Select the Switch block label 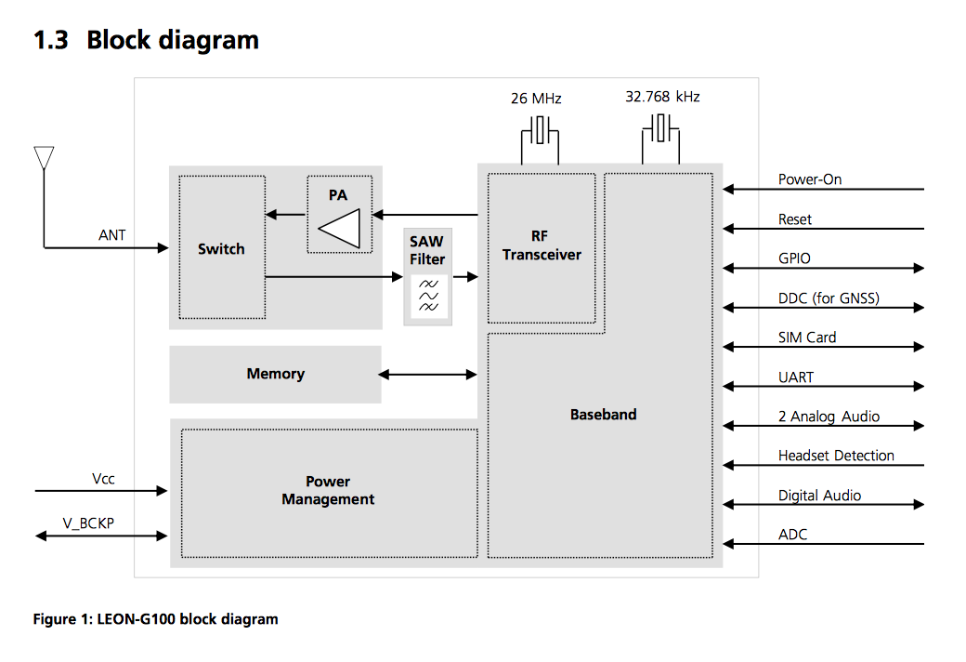(x=221, y=249)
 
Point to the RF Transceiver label (x=542, y=246)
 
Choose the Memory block (x=275, y=374)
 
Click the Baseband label (x=603, y=415)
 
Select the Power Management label (x=328, y=491)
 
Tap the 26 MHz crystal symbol (x=539, y=129)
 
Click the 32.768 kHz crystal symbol (x=661, y=128)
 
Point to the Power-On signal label (x=810, y=179)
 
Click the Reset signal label (x=795, y=219)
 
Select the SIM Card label (x=807, y=338)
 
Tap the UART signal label (x=796, y=377)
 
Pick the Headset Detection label (x=836, y=456)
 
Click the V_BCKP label (x=88, y=523)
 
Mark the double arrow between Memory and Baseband (x=427, y=375)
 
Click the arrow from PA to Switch (x=285, y=216)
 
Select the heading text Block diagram (x=173, y=41)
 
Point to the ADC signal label (x=793, y=535)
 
